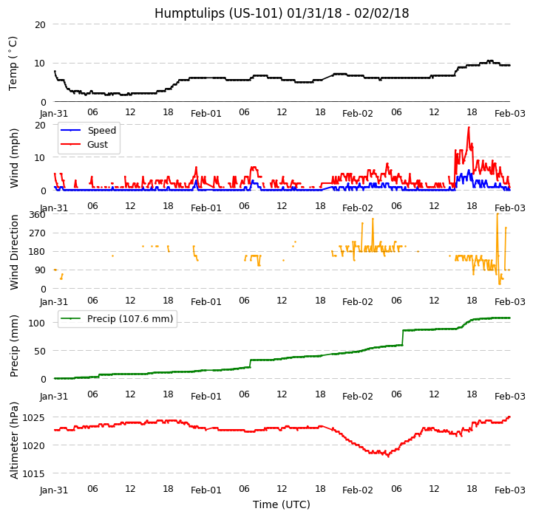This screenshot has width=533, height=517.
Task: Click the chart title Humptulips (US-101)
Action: (281, 13)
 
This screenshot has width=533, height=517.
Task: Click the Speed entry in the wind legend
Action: (101, 131)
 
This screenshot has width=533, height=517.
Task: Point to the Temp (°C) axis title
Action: (13, 63)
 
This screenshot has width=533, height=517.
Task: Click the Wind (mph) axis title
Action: (15, 157)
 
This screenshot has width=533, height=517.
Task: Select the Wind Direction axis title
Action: (15, 252)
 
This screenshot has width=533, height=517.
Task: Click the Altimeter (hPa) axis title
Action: (15, 440)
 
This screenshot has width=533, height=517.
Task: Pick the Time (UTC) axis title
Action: (281, 504)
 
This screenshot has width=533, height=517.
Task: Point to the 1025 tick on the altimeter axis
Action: (34, 418)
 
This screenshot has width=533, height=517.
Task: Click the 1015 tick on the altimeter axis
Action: (34, 473)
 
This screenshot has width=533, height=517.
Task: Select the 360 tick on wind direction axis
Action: (37, 215)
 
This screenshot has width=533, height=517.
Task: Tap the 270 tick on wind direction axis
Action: (37, 233)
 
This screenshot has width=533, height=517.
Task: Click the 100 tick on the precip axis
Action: (37, 323)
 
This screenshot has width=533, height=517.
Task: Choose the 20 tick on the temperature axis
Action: (40, 24)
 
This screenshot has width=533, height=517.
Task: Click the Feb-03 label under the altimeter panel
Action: (510, 490)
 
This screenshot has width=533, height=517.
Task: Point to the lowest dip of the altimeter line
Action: (387, 456)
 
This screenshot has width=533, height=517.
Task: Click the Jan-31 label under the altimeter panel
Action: (54, 490)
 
